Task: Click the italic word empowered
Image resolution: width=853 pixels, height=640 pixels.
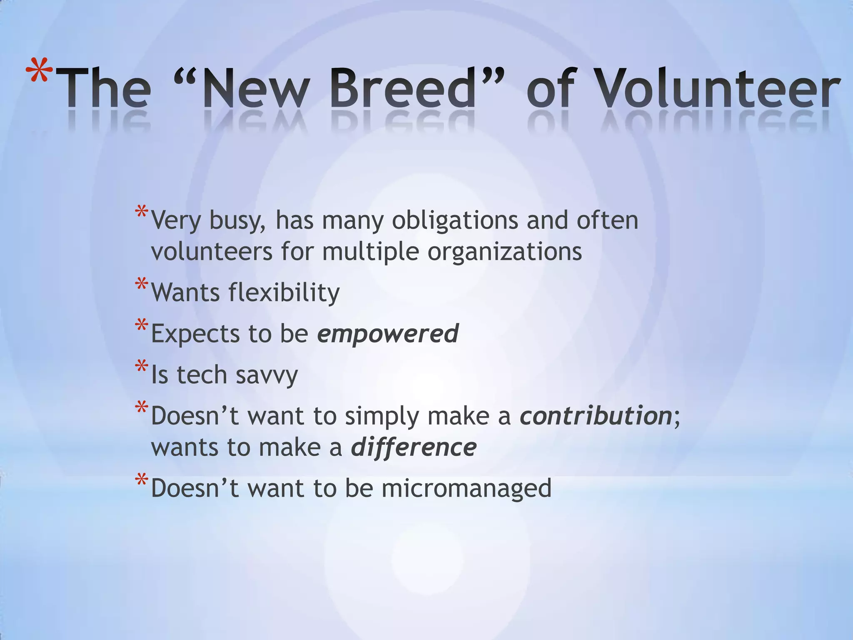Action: coord(388,334)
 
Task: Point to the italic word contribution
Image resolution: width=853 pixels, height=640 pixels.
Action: coord(596,416)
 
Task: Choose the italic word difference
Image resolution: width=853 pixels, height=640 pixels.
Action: coord(414,447)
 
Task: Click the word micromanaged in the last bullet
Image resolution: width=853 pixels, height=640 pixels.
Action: coord(466,488)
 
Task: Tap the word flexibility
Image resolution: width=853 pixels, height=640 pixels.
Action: coord(284,292)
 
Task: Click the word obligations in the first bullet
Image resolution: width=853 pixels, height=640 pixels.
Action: coord(455,220)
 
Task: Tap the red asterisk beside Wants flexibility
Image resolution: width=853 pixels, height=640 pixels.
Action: coord(141,285)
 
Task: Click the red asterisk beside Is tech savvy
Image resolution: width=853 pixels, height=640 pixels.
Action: coord(141,367)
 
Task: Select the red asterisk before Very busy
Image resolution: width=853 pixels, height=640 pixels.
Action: coord(141,212)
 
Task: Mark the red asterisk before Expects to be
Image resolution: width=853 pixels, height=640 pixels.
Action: coord(141,325)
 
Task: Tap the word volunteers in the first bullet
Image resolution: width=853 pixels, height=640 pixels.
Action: coord(212,252)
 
